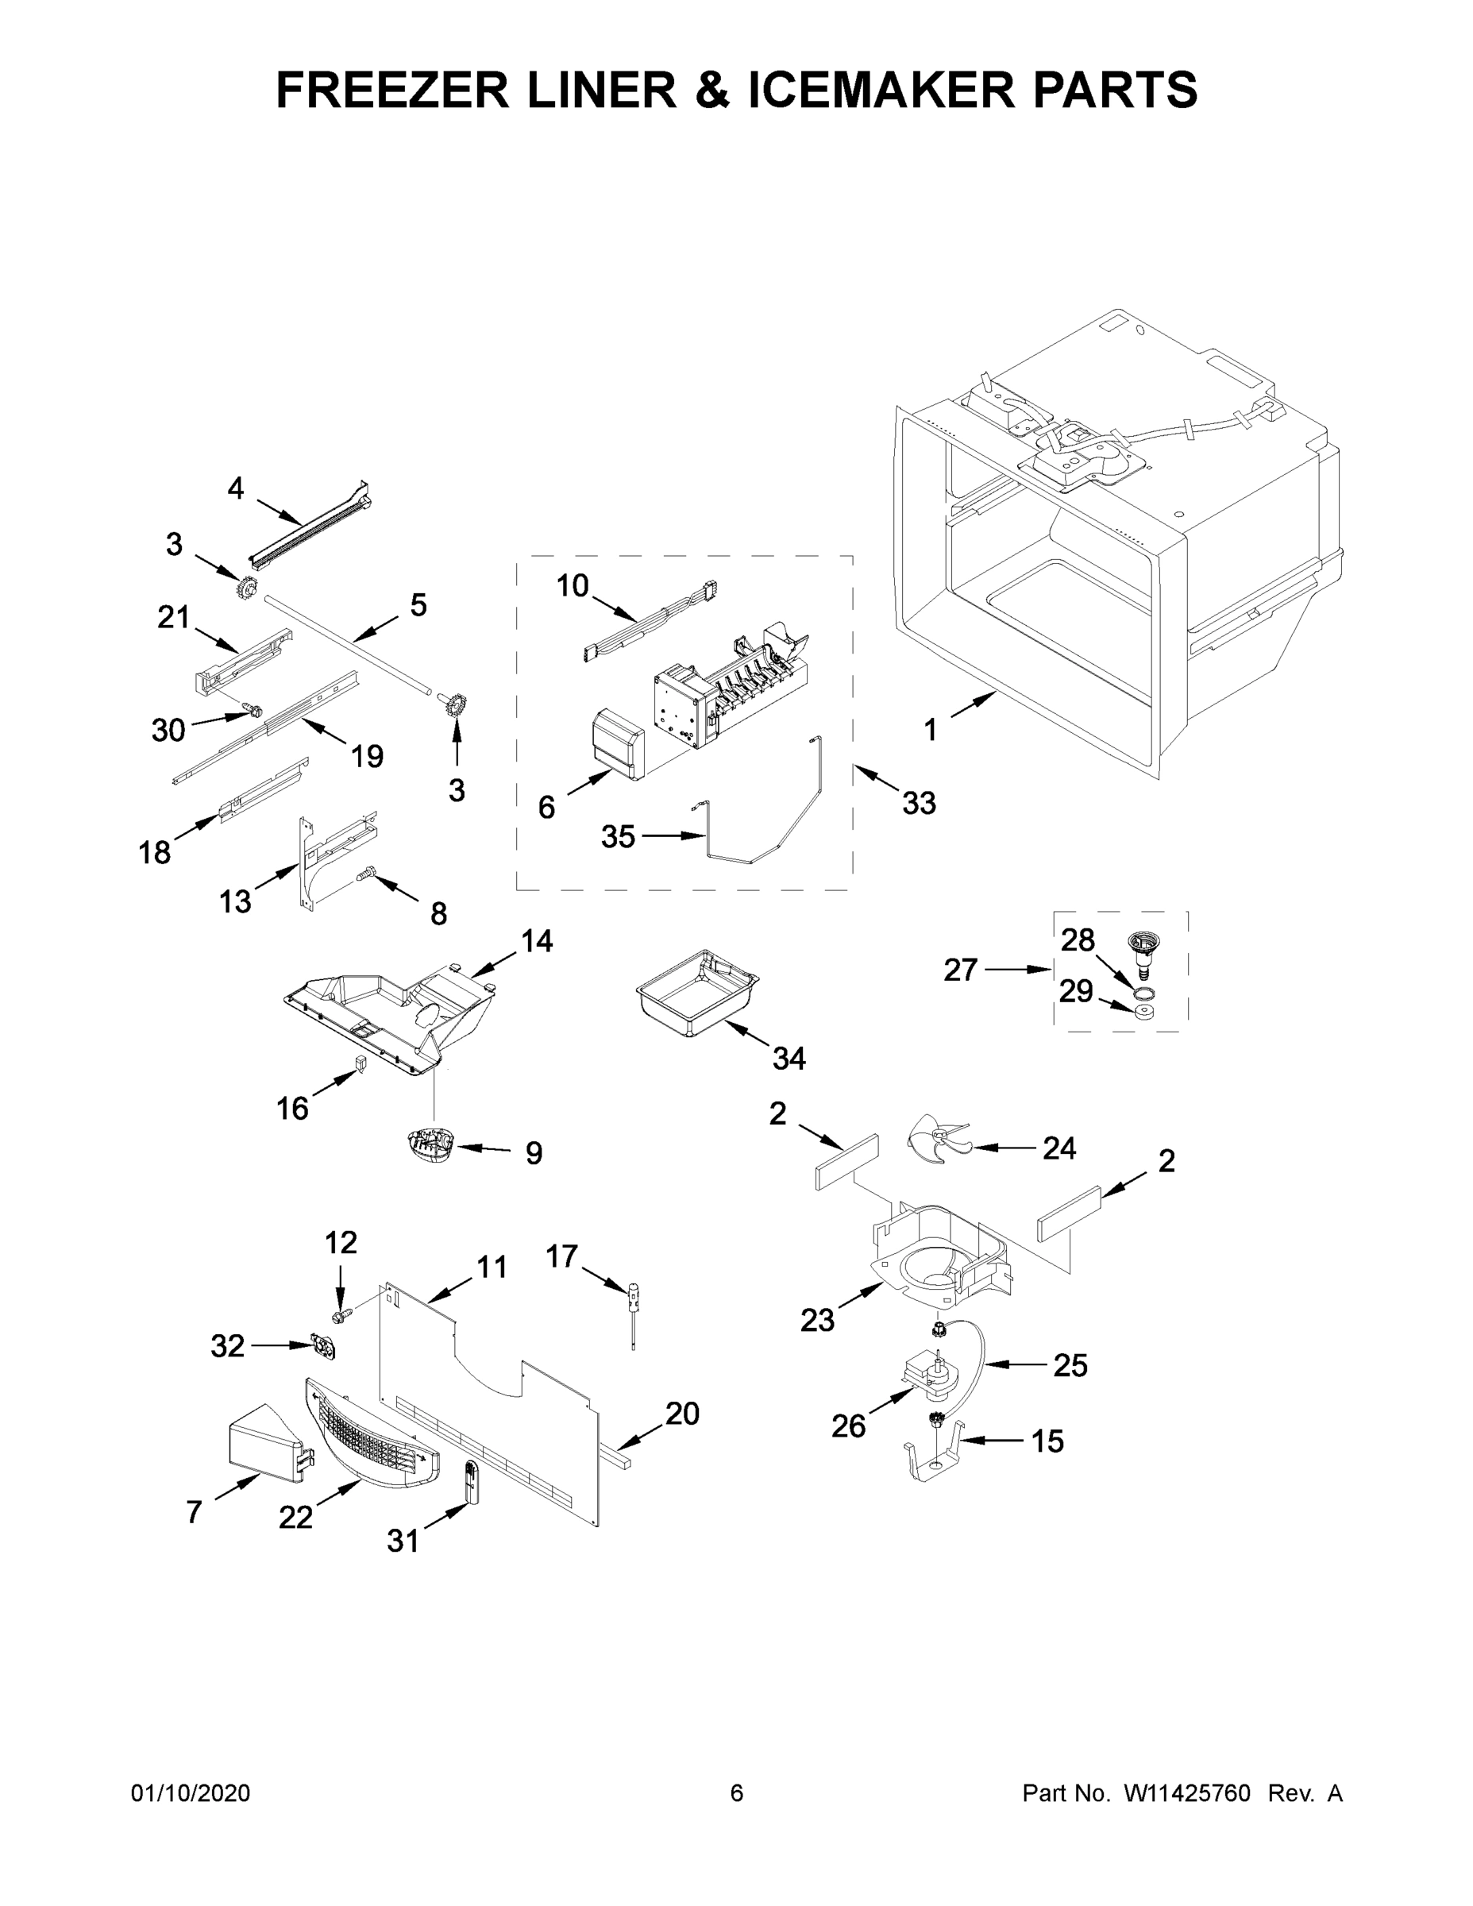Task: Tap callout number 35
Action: click(618, 837)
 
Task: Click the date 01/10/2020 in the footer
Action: click(191, 1793)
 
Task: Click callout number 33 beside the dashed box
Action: click(919, 803)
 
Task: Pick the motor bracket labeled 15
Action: click(934, 1456)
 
